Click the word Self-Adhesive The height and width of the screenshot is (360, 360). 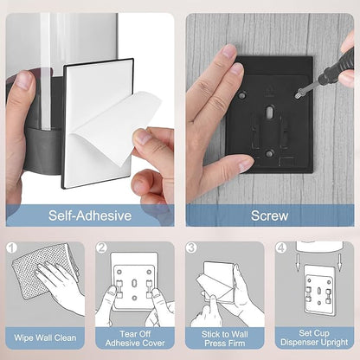[x=90, y=215]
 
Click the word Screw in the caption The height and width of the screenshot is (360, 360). [x=269, y=215]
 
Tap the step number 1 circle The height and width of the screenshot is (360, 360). [x=12, y=247]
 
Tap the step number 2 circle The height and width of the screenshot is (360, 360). [x=101, y=247]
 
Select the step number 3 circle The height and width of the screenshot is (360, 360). [x=191, y=247]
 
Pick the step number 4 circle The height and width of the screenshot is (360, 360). [x=281, y=247]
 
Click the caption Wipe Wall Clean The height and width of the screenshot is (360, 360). [x=45, y=337]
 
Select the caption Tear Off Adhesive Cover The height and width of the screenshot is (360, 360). [x=135, y=338]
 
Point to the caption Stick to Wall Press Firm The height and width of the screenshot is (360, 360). [x=225, y=338]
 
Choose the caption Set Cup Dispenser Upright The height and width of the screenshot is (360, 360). [x=314, y=337]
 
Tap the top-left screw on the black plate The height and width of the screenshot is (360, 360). [x=242, y=94]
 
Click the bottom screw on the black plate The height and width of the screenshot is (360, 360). [x=269, y=153]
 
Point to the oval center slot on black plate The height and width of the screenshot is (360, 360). [x=270, y=112]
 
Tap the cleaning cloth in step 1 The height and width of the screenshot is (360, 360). [x=43, y=268]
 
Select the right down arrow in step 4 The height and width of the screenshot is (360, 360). [x=340, y=262]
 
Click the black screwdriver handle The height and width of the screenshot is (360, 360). [x=337, y=67]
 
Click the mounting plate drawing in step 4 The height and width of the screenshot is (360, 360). [x=319, y=290]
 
